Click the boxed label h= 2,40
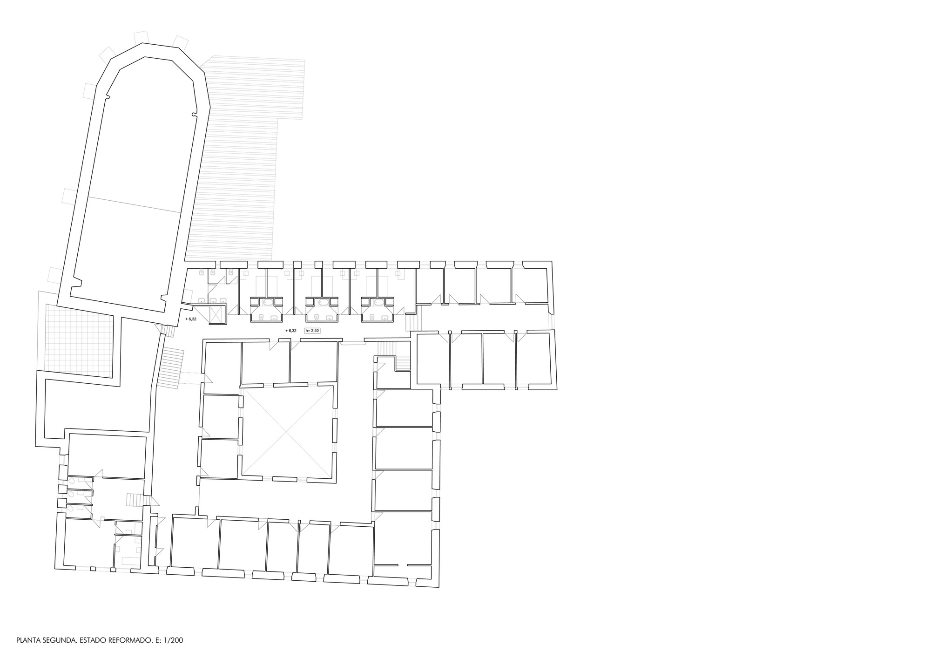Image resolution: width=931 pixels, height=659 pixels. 313,331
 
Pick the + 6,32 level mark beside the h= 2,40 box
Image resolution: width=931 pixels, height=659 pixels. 291,331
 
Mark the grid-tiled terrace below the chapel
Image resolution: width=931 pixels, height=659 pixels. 79,341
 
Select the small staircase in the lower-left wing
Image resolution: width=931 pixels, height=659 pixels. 134,500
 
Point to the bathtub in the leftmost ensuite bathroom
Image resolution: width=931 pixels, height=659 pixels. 267,302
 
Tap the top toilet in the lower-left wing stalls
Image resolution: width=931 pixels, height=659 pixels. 72,480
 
